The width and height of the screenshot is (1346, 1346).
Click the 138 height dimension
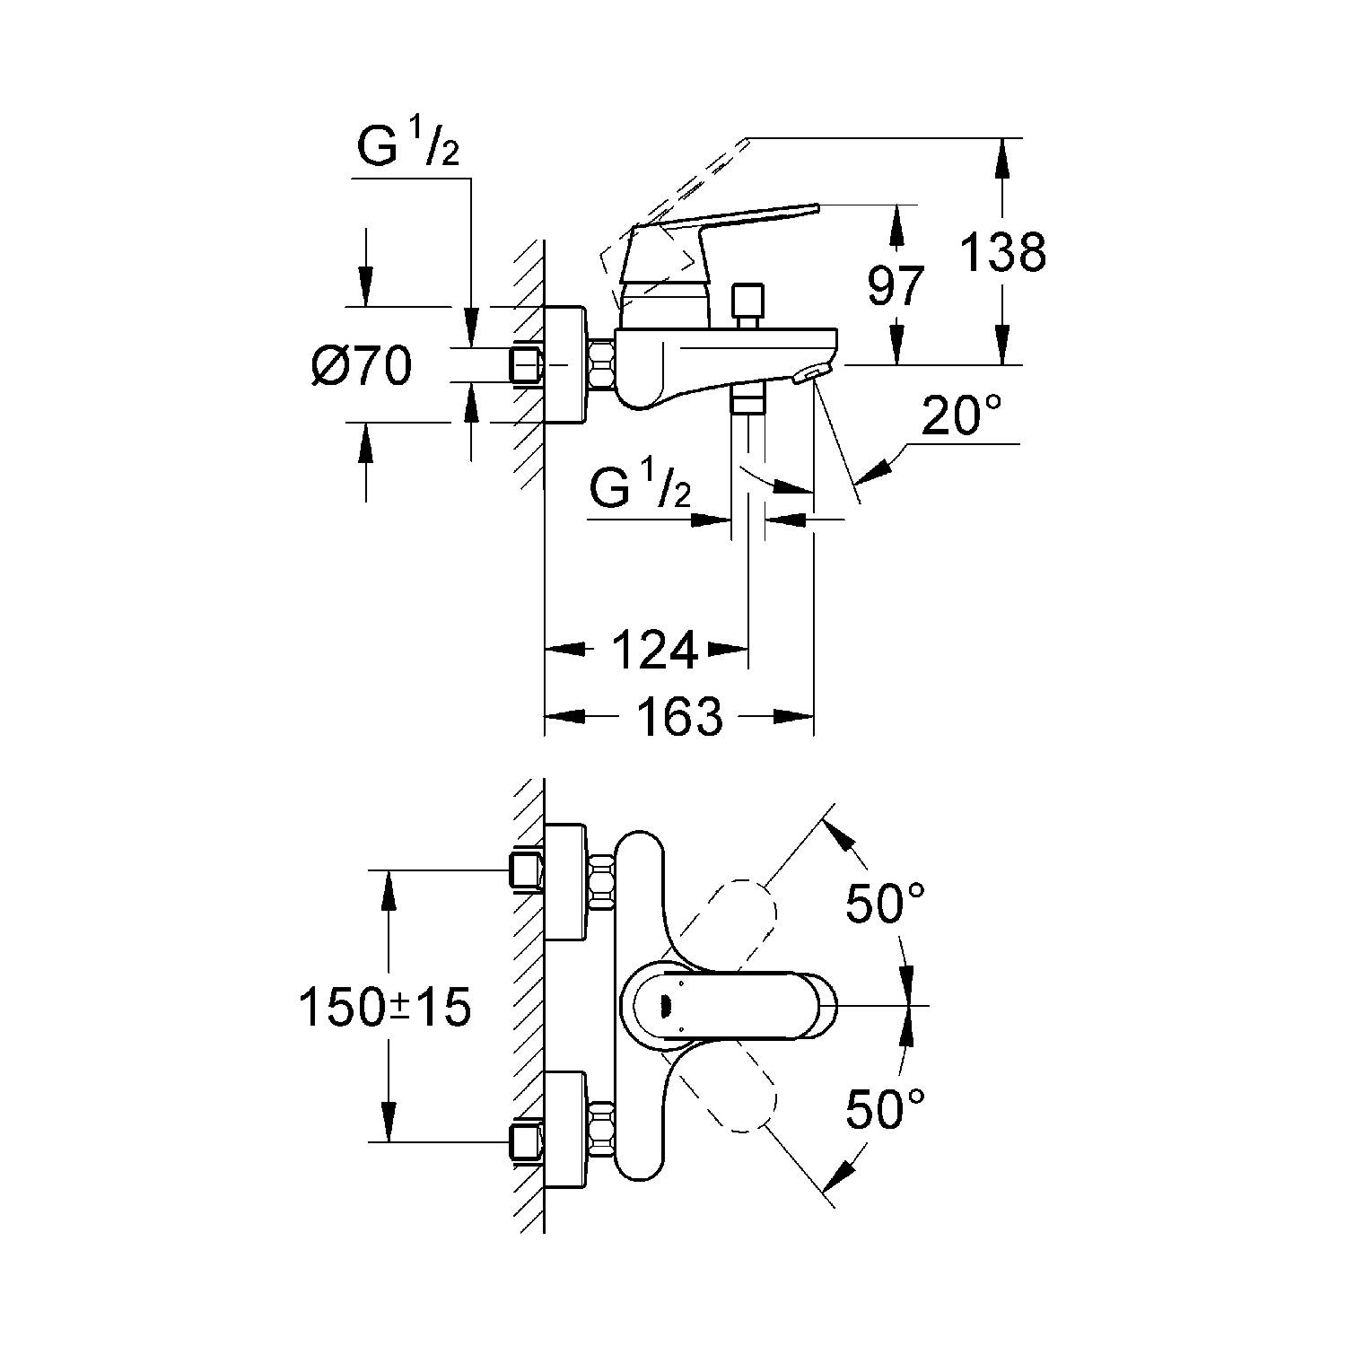1003,252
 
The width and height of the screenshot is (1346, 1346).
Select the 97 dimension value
895,286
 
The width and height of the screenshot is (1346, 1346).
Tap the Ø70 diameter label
362,367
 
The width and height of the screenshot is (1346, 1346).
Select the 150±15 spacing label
385,1008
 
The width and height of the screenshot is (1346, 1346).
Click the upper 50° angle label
885,903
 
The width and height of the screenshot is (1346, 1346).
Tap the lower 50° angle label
885,1109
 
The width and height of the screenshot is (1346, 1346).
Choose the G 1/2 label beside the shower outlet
640,490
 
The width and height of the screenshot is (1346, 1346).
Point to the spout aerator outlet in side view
813,373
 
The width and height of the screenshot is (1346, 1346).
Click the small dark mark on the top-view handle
665,1007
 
